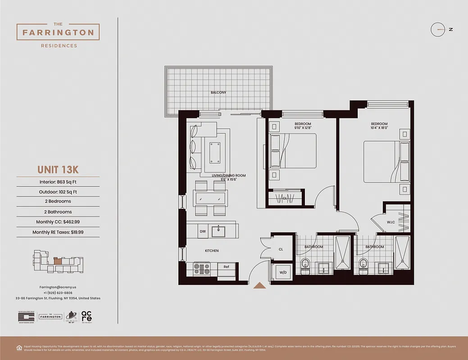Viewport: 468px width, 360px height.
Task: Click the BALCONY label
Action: (218, 93)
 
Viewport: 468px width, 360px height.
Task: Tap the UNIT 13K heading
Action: (58, 170)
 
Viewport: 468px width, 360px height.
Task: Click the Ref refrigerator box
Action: (226, 267)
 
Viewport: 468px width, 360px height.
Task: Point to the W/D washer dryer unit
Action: (282, 272)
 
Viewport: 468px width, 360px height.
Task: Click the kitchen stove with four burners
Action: (201, 269)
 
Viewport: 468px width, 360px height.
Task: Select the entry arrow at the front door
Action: (259, 285)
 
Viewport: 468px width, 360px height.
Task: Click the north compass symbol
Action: (438, 30)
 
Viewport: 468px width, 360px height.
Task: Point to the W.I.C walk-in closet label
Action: (390, 221)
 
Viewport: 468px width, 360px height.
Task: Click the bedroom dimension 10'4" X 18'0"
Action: (379, 128)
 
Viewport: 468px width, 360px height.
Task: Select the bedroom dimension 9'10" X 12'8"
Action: (303, 128)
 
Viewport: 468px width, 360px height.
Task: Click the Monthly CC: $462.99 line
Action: (58, 222)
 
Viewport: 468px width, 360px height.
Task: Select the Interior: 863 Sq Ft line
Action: (58, 182)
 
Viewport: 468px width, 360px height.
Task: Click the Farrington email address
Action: (58, 287)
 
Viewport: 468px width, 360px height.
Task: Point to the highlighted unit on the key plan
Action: (58, 260)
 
